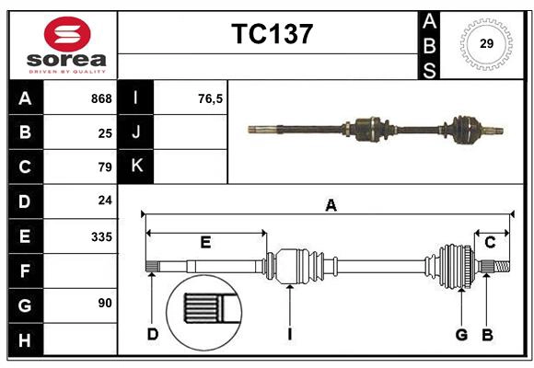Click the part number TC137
click(x=272, y=34)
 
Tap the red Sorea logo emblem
click(x=67, y=36)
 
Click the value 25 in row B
click(x=105, y=132)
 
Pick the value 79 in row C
click(x=105, y=167)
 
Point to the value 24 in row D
click(x=105, y=201)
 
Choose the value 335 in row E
click(x=101, y=236)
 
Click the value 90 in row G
click(x=105, y=303)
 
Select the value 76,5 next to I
click(x=210, y=98)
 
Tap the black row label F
click(x=25, y=270)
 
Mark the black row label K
click(x=136, y=167)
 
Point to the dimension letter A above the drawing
click(x=331, y=206)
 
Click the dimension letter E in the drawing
click(x=205, y=242)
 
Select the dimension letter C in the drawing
click(x=490, y=242)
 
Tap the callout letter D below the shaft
click(x=153, y=334)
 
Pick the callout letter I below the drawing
click(x=289, y=334)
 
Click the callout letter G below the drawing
click(x=461, y=334)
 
